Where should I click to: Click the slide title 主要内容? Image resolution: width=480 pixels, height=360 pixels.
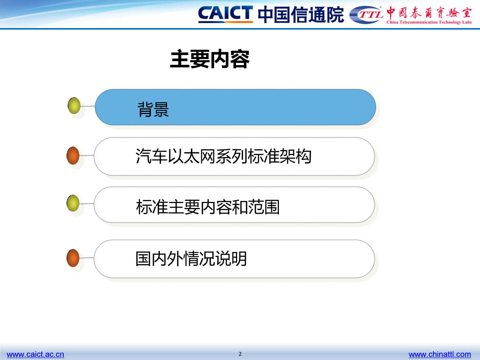(x=210, y=59)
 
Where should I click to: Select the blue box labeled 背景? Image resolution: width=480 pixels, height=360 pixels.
(x=235, y=107)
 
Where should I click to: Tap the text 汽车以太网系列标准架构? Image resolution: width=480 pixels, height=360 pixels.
(x=224, y=156)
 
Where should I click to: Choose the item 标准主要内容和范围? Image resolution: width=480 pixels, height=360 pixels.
(x=208, y=207)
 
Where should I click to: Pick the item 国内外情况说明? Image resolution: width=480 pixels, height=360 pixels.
(x=191, y=259)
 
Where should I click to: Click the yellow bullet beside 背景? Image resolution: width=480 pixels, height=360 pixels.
(x=74, y=106)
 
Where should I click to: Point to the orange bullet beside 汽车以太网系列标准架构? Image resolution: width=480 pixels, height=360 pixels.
(x=73, y=155)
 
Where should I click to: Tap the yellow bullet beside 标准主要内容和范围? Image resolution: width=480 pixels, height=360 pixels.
(x=73, y=203)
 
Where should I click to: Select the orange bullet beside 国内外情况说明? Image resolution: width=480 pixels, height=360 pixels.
(x=73, y=258)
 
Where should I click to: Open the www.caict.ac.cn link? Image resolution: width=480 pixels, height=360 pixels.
(x=36, y=354)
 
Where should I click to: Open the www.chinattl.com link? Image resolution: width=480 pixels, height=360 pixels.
(x=440, y=354)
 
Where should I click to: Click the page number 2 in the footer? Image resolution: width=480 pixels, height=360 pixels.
(x=240, y=354)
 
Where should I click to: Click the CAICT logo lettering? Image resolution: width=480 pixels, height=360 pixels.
(x=225, y=14)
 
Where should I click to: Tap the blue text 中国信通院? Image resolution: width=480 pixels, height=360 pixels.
(x=301, y=14)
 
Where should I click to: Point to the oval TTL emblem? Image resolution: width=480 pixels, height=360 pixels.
(x=366, y=15)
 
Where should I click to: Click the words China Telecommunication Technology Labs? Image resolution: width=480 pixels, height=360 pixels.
(x=429, y=22)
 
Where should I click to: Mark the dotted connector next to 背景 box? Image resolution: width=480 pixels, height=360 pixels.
(x=88, y=106)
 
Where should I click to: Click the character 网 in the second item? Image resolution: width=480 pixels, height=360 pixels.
(x=208, y=156)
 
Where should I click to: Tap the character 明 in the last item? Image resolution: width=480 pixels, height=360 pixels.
(x=239, y=259)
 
